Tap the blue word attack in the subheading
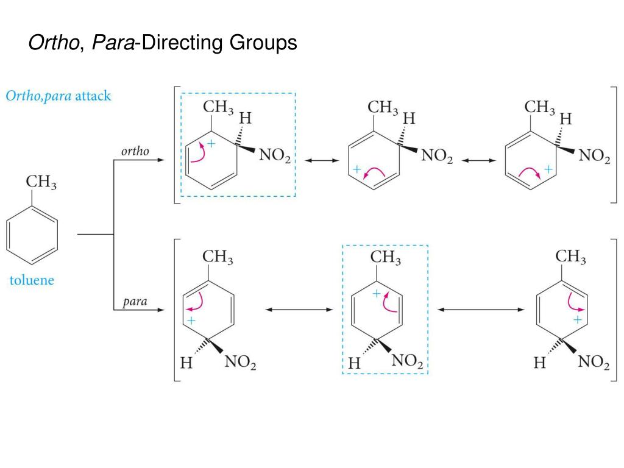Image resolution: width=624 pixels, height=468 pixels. (93, 96)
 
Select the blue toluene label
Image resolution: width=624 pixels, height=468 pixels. (31, 280)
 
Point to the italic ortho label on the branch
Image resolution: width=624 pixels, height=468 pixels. (135, 151)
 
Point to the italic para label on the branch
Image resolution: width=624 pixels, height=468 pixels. (135, 302)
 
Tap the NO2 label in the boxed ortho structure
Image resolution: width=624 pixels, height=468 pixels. (275, 157)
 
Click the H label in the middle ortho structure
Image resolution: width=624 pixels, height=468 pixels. (408, 118)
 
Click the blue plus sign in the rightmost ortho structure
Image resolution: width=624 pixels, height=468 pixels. (548, 169)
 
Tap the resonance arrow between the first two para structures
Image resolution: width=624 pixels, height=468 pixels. (299, 310)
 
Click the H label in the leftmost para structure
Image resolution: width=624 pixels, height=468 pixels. (187, 364)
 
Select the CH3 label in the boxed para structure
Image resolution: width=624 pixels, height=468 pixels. (385, 258)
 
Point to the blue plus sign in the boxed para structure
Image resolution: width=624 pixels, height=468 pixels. (377, 293)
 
